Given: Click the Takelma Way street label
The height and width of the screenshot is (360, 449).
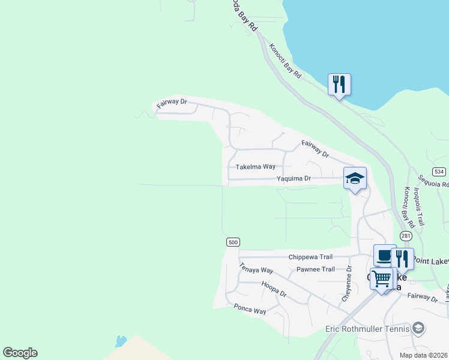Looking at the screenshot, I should pyautogui.click(x=255, y=167).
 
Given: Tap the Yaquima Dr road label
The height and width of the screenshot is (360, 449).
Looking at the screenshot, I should pyautogui.click(x=294, y=179).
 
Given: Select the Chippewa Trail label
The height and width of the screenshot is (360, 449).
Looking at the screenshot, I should pyautogui.click(x=310, y=257).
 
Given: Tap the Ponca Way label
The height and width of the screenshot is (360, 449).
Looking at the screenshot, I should pyautogui.click(x=250, y=308).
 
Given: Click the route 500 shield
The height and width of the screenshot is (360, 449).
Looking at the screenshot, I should pyautogui.click(x=234, y=242).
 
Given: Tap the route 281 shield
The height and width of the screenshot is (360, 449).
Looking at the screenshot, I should pyautogui.click(x=406, y=236).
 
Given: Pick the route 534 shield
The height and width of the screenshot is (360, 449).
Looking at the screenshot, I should pyautogui.click(x=439, y=171).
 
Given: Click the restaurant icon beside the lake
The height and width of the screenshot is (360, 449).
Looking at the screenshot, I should pyautogui.click(x=339, y=85).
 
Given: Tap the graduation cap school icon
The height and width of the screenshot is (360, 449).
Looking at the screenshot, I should pyautogui.click(x=355, y=178).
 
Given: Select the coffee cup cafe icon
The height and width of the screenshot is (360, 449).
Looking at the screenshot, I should pyautogui.click(x=384, y=256).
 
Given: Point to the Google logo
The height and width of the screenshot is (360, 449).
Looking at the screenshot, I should pyautogui.click(x=20, y=353).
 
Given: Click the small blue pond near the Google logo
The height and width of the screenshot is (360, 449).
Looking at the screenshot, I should pyautogui.click(x=121, y=341).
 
